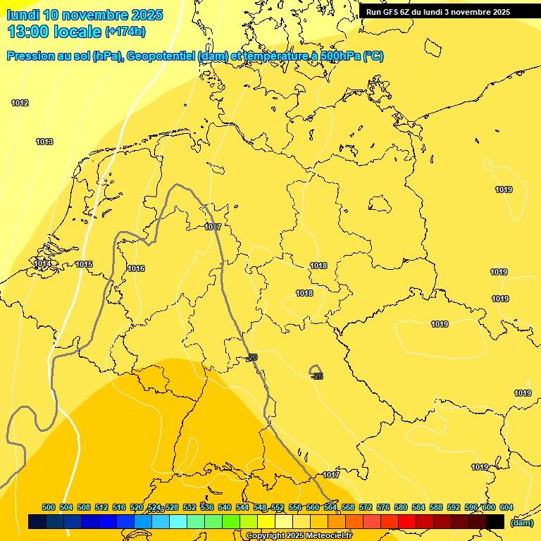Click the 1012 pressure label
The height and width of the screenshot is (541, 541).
20,104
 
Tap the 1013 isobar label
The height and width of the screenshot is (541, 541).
44,142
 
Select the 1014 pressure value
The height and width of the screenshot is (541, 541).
42,264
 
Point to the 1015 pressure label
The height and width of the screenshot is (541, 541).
84,265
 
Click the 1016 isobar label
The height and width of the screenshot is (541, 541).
136,269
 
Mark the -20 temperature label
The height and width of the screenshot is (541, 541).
252,358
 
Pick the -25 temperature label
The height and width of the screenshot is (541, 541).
317,377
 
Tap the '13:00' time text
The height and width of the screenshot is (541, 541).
30,32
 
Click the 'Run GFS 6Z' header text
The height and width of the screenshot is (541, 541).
391,12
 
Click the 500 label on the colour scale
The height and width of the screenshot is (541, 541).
49,507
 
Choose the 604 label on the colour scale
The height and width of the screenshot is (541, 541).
506,507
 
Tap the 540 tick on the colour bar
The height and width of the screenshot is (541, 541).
225,507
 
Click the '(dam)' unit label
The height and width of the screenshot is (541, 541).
521,523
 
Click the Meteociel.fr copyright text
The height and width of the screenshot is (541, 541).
299,536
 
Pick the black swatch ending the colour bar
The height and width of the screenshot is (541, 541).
495,521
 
